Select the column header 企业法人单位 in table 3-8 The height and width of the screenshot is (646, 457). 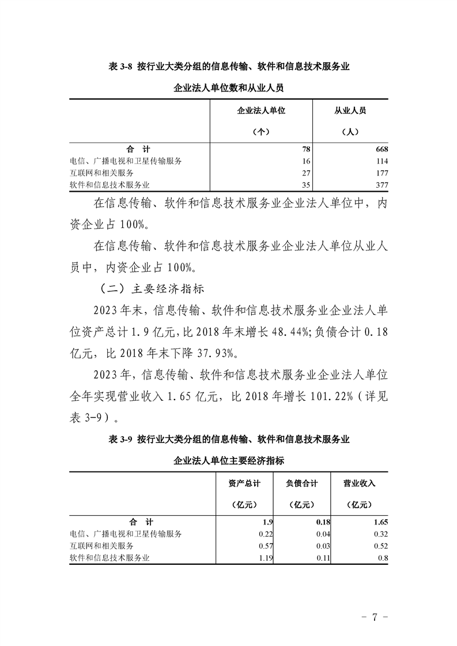click(x=261, y=111)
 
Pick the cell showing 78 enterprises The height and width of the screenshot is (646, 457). click(x=305, y=149)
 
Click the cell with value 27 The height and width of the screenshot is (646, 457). click(x=306, y=173)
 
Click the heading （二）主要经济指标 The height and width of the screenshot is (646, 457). click(x=152, y=288)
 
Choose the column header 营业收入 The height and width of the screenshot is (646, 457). click(x=359, y=484)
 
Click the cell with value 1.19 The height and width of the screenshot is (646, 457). click(x=263, y=557)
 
